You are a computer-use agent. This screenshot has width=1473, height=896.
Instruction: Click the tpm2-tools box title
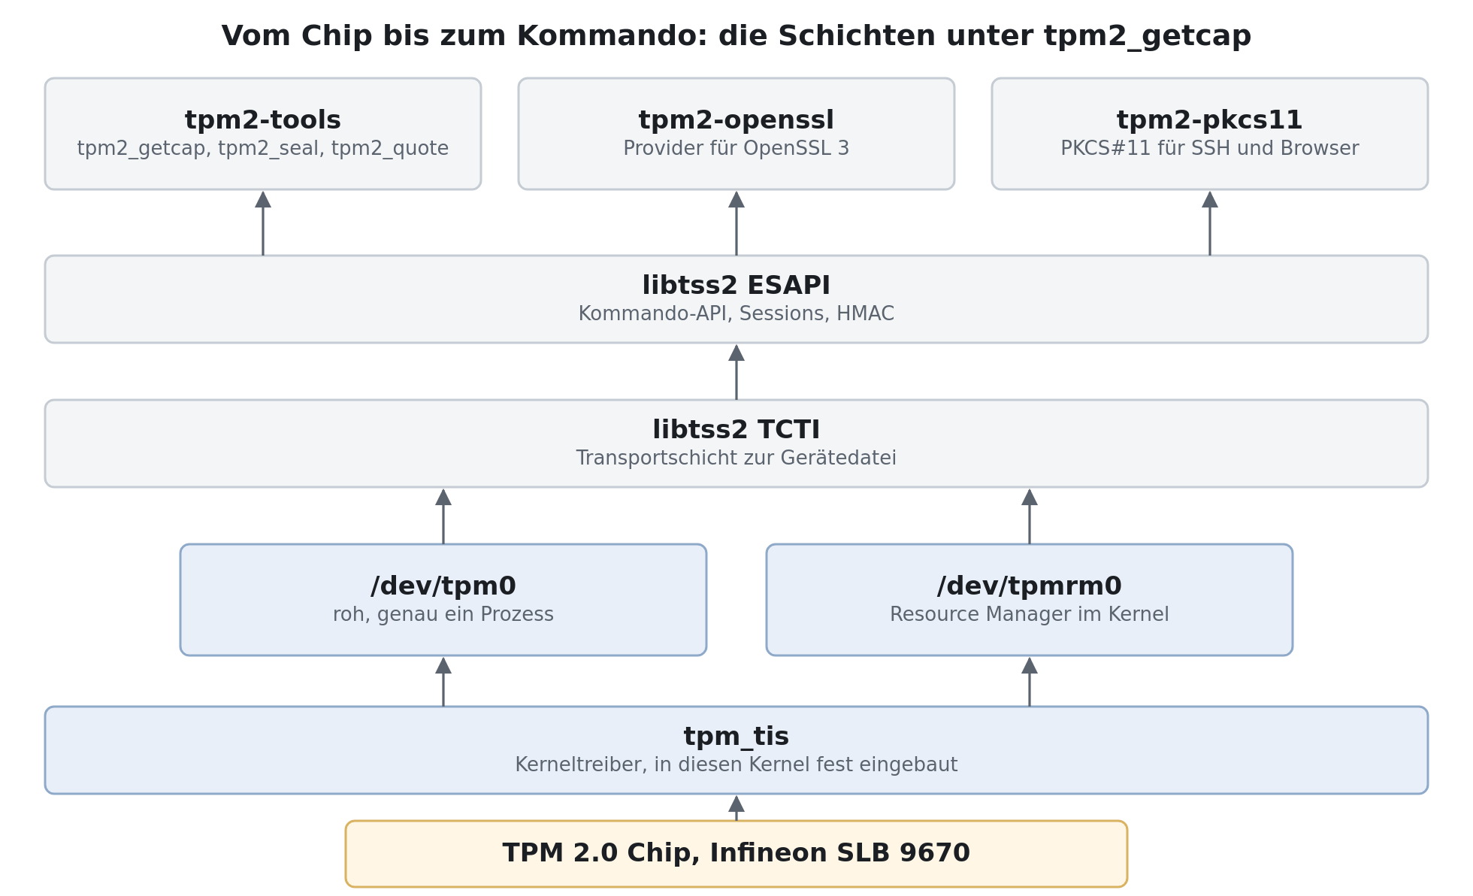[263, 120]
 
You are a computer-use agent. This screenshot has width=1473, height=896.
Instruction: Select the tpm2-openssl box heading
[736, 120]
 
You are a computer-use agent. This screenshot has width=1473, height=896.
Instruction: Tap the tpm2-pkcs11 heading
[1210, 120]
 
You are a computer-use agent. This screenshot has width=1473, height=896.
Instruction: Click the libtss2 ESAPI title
[736, 286]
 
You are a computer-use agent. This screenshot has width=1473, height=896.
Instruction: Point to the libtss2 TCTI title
[736, 430]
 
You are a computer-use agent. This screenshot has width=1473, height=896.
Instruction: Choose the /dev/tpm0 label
[443, 586]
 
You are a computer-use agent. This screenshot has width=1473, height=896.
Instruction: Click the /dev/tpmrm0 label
[1030, 586]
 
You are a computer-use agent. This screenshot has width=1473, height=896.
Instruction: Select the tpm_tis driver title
[736, 737]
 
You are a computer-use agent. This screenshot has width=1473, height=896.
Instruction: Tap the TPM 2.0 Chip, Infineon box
[736, 854]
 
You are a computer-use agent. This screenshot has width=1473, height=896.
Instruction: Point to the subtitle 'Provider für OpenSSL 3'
[736, 149]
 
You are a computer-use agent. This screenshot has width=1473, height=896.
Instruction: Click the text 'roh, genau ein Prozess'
[443, 615]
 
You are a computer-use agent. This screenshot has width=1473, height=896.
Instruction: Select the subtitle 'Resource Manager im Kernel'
[1030, 615]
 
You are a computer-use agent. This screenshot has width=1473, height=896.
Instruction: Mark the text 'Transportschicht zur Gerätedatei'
[736, 459]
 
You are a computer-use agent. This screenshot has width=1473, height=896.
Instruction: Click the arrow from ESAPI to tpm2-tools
[263, 223]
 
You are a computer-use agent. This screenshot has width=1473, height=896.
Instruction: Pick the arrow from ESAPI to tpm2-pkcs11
[1210, 223]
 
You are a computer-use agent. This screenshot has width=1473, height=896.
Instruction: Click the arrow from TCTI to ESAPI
[736, 372]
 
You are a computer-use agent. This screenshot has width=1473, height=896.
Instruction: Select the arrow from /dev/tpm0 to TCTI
[443, 516]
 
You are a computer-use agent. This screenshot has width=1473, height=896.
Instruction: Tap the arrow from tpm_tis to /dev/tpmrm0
[1030, 682]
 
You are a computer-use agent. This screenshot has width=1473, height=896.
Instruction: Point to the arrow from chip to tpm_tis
[736, 808]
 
